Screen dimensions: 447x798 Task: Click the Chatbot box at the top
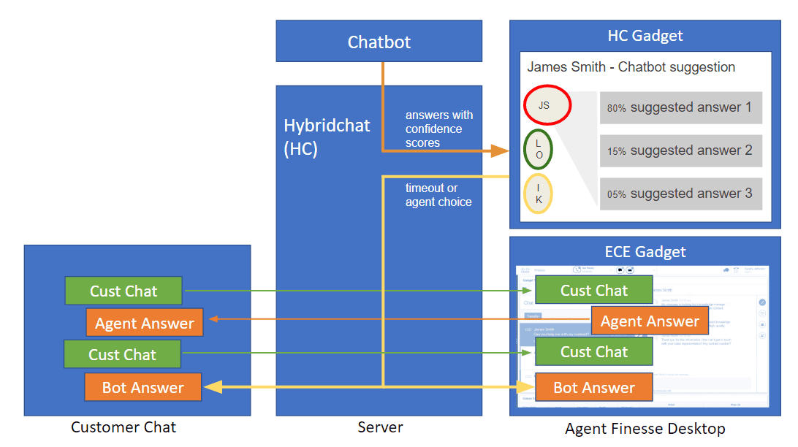coord(379,42)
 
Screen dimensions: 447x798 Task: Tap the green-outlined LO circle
coord(539,150)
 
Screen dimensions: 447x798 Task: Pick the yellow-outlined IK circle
coord(539,194)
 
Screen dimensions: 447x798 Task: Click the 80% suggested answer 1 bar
coord(680,107)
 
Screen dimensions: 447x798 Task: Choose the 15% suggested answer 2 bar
coord(680,150)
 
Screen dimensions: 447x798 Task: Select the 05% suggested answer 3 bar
coord(680,194)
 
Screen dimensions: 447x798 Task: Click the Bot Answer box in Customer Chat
coord(143,387)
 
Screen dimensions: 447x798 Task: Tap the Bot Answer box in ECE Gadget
coord(593,387)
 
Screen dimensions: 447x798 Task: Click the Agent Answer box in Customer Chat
coord(144,323)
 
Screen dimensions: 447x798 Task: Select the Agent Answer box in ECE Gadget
coord(650,321)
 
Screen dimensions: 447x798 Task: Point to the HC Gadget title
coord(645,36)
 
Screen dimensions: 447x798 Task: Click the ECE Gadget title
coord(645,252)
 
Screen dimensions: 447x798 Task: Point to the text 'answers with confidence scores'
coord(438,129)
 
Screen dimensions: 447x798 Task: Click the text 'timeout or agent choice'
coord(438,195)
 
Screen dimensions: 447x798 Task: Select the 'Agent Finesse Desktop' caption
coord(645,429)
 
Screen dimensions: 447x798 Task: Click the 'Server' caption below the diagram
coord(380,427)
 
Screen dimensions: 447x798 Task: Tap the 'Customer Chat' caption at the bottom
coord(123,427)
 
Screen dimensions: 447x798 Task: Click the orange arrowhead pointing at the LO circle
coord(500,151)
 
